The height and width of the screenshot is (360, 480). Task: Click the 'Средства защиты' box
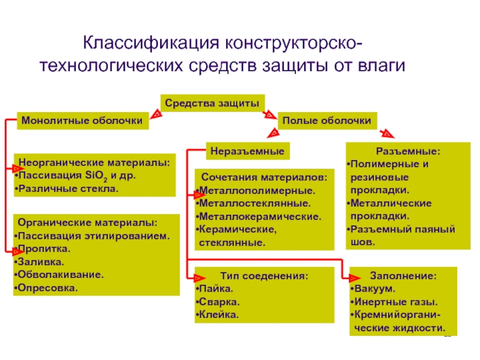pos(212,103)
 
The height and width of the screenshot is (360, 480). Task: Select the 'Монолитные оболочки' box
pos(82,121)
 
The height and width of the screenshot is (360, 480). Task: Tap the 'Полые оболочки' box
pos(327,121)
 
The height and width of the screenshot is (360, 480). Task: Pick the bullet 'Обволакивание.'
pos(60,275)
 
